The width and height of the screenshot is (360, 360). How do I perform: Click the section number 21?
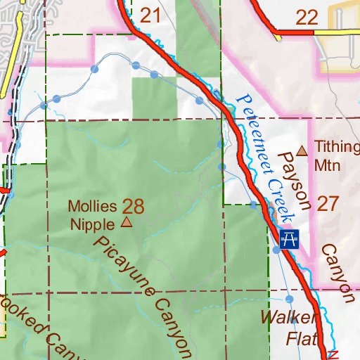[x=151, y=15]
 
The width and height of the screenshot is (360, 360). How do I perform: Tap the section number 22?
[x=307, y=18]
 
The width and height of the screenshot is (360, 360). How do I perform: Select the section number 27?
[x=328, y=204]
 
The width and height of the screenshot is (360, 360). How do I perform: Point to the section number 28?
[x=133, y=206]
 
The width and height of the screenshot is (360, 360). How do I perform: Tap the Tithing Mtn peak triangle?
[x=302, y=150]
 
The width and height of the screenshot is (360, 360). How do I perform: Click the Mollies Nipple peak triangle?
[x=127, y=223]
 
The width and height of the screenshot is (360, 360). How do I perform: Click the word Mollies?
[x=92, y=207]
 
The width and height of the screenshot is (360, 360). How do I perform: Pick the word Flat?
[x=301, y=339]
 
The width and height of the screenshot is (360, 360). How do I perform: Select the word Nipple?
[x=92, y=224]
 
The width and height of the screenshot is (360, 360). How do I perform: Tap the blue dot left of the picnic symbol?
[x=276, y=249]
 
